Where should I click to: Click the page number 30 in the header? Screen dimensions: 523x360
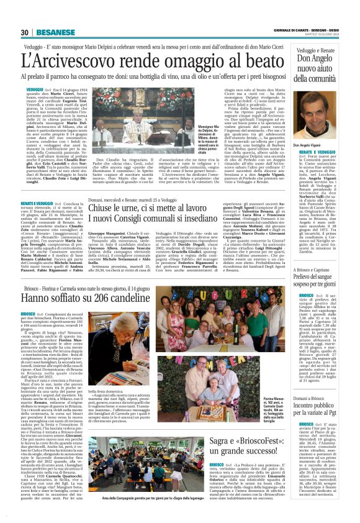pyautogui.click(x=25, y=33)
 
